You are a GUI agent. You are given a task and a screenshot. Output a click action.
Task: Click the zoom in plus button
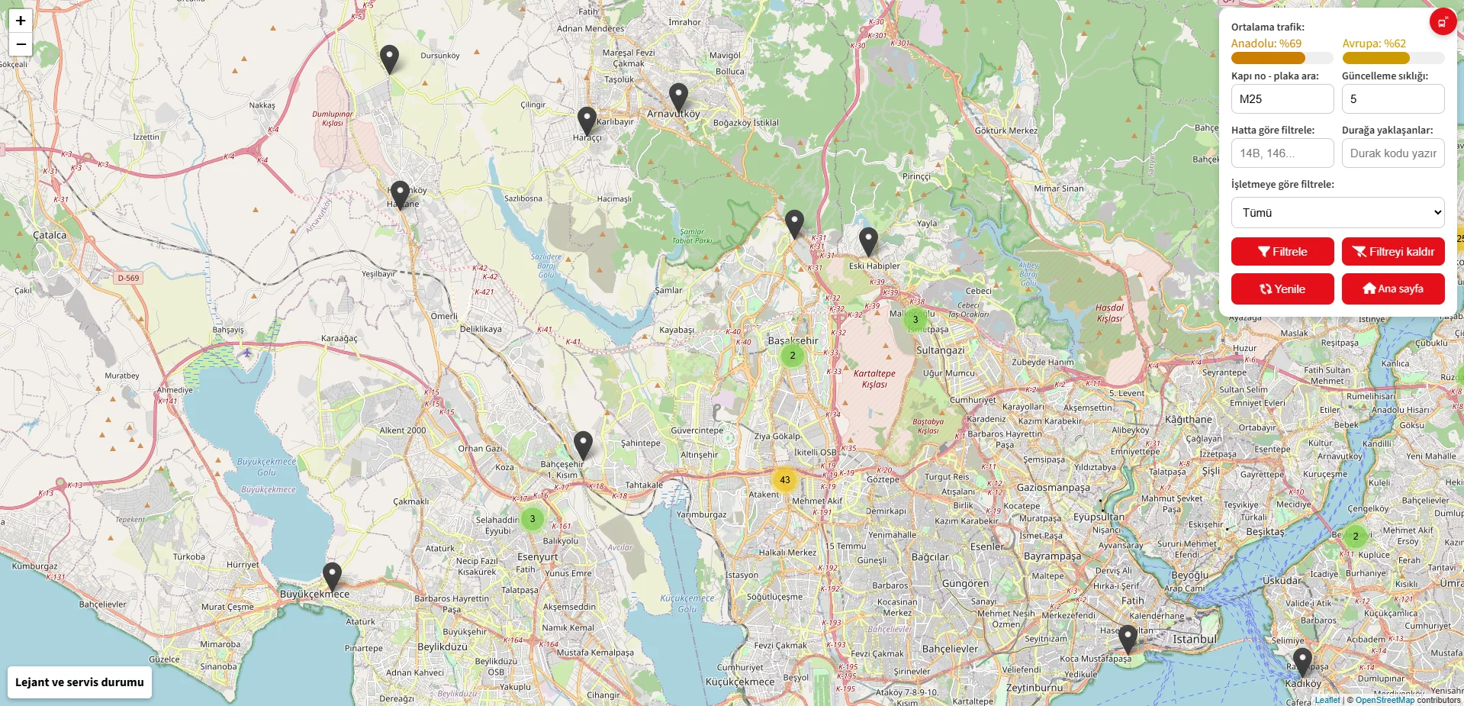tap(21, 21)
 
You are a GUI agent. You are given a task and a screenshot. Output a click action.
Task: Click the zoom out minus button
tap(21, 44)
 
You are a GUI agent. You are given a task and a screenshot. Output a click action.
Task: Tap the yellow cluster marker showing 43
tap(784, 480)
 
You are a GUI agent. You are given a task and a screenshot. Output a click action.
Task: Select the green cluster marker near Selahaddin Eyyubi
tap(533, 519)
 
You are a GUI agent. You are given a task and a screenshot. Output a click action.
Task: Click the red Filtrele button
tap(1282, 252)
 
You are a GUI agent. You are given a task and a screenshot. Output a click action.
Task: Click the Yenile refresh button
tap(1282, 289)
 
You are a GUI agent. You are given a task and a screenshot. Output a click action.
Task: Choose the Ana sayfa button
tap(1392, 289)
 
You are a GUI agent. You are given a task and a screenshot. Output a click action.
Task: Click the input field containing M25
tap(1282, 99)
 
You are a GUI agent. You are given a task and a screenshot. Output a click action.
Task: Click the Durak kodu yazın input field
tap(1392, 153)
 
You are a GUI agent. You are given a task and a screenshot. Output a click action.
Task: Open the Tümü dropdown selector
tap(1337, 213)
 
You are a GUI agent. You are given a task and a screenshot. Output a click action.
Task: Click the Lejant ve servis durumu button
tap(79, 682)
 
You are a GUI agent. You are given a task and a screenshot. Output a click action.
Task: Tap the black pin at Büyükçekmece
tap(332, 576)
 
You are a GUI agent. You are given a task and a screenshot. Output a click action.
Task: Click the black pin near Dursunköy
tap(389, 59)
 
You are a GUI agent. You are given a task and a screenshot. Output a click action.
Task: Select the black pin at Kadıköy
tap(1302, 662)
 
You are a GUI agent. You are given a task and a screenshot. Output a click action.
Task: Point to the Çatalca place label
tap(50, 235)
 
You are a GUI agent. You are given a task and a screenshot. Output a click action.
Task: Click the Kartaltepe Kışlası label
tap(874, 379)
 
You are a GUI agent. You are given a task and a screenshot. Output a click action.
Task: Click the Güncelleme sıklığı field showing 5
tap(1392, 99)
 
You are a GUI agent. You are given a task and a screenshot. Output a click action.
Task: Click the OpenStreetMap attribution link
tap(1384, 700)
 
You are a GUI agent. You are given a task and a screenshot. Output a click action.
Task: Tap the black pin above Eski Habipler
tap(868, 241)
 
